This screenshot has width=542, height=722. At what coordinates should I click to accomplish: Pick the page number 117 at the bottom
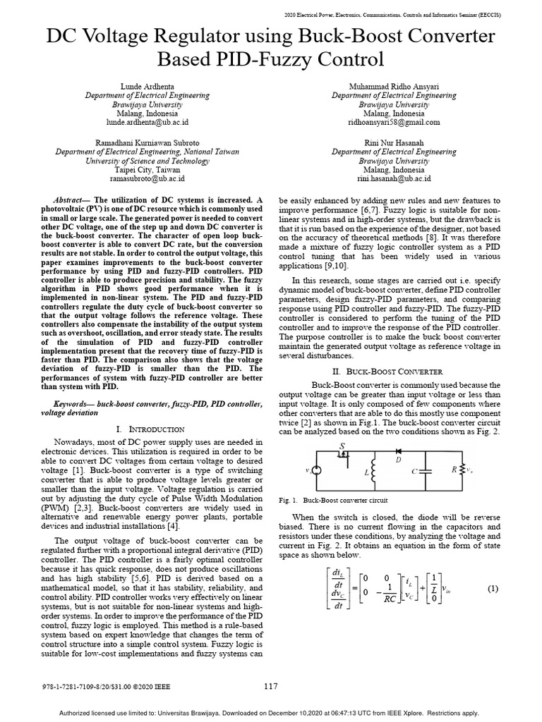pyautogui.click(x=271, y=686)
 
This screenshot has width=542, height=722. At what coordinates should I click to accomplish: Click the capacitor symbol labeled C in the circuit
pyautogui.click(x=426, y=470)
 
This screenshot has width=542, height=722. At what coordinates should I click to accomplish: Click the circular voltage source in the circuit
pyautogui.click(x=317, y=470)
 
